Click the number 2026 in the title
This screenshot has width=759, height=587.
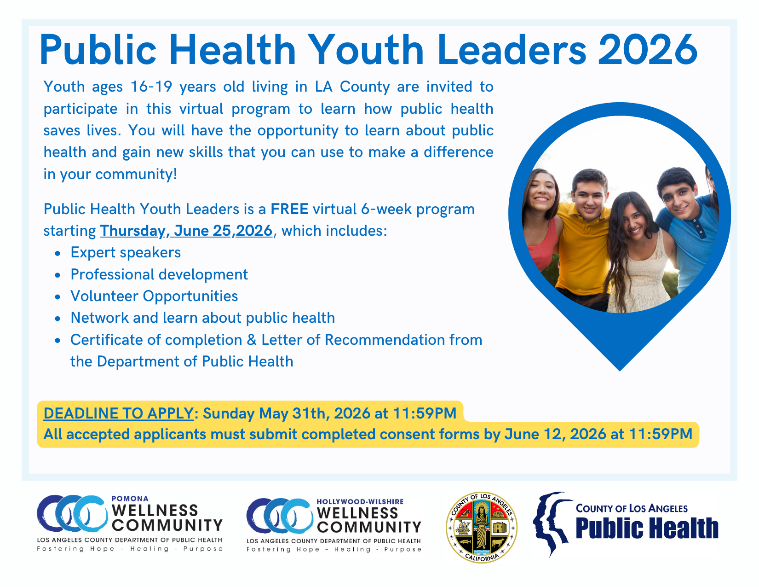click(647, 50)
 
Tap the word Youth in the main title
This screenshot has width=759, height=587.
click(365, 50)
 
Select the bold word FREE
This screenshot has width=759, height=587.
click(289, 209)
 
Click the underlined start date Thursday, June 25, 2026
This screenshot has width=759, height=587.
click(186, 231)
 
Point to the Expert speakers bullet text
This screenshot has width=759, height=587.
click(126, 253)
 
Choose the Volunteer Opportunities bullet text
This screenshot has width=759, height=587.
click(154, 296)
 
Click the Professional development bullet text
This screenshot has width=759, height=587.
click(159, 274)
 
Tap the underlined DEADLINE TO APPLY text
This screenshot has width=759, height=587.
click(118, 413)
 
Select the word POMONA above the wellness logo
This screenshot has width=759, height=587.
click(130, 499)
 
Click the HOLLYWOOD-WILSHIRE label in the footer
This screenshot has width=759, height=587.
click(360, 502)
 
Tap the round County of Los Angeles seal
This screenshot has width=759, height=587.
click(481, 528)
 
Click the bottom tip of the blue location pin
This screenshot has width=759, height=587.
click(620, 371)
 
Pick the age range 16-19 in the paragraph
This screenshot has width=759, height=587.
click(151, 87)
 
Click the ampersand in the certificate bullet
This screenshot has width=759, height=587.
click(252, 340)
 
